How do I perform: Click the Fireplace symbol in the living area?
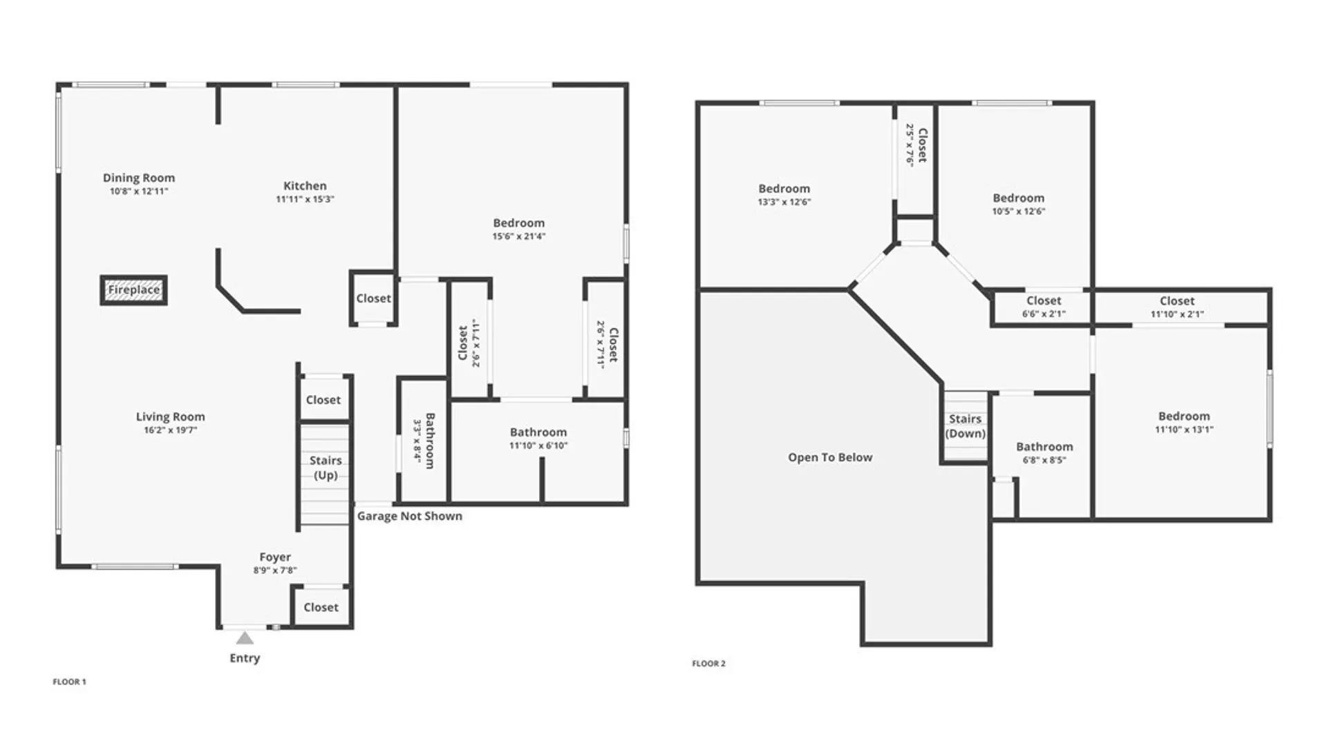click(133, 290)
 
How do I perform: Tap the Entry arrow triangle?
click(245, 638)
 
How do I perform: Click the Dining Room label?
click(139, 178)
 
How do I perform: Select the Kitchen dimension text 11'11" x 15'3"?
click(305, 200)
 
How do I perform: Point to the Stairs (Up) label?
click(326, 468)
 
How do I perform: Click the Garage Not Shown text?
click(409, 516)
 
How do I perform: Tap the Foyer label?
click(275, 557)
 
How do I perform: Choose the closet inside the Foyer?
click(321, 607)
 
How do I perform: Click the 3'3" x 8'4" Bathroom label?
click(424, 441)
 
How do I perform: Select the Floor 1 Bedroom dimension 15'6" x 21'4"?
click(518, 236)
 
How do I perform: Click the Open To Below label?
click(830, 457)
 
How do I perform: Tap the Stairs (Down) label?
click(965, 426)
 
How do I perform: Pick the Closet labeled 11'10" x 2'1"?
click(1177, 307)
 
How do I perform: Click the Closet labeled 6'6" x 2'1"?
click(1044, 307)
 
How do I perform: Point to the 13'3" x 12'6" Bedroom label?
click(784, 195)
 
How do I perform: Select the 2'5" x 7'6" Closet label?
click(916, 144)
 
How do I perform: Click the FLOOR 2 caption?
click(708, 664)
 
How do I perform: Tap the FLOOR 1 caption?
click(69, 682)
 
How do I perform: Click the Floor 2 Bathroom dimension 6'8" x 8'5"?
click(1044, 460)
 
